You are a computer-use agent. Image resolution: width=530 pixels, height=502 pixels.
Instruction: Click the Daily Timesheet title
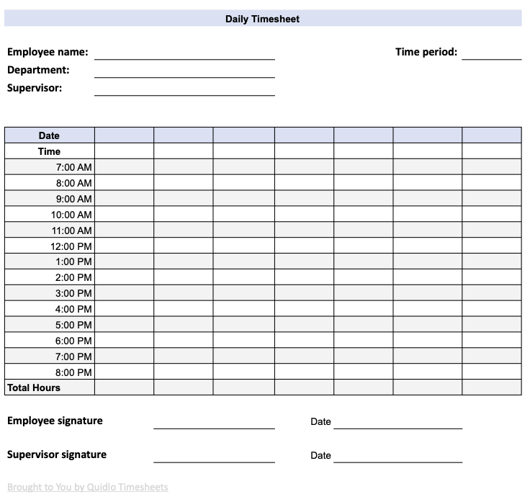pyautogui.click(x=262, y=19)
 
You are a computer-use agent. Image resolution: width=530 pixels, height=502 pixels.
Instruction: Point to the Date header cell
pyautogui.click(x=49, y=135)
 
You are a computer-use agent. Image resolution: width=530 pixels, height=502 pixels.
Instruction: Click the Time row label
pyautogui.click(x=49, y=151)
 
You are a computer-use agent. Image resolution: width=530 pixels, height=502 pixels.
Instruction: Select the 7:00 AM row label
pyautogui.click(x=73, y=167)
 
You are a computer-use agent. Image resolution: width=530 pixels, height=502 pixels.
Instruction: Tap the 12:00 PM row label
pyautogui.click(x=71, y=246)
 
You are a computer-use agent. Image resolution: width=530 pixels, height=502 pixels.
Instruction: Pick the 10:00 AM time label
pyautogui.click(x=71, y=215)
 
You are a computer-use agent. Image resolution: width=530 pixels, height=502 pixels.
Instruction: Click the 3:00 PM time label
pyautogui.click(x=73, y=293)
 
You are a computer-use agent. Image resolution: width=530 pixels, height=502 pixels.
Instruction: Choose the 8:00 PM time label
pyautogui.click(x=73, y=372)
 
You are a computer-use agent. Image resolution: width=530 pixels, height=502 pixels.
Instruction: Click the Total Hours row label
pyautogui.click(x=34, y=387)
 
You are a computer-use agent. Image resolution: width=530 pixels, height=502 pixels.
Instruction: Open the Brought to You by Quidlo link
pyautogui.click(x=87, y=488)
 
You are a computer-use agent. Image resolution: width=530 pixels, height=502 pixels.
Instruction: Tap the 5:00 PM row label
pyautogui.click(x=73, y=325)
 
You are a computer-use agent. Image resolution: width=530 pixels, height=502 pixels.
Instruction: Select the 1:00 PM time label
pyautogui.click(x=73, y=261)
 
